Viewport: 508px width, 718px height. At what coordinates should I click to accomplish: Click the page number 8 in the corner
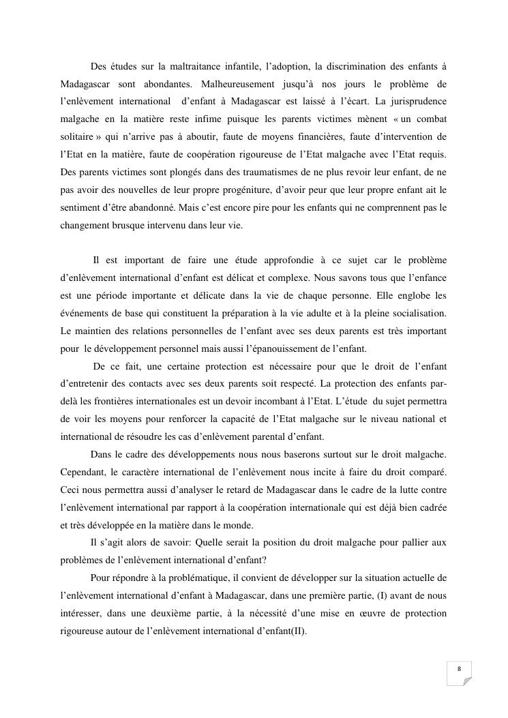click(459, 669)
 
